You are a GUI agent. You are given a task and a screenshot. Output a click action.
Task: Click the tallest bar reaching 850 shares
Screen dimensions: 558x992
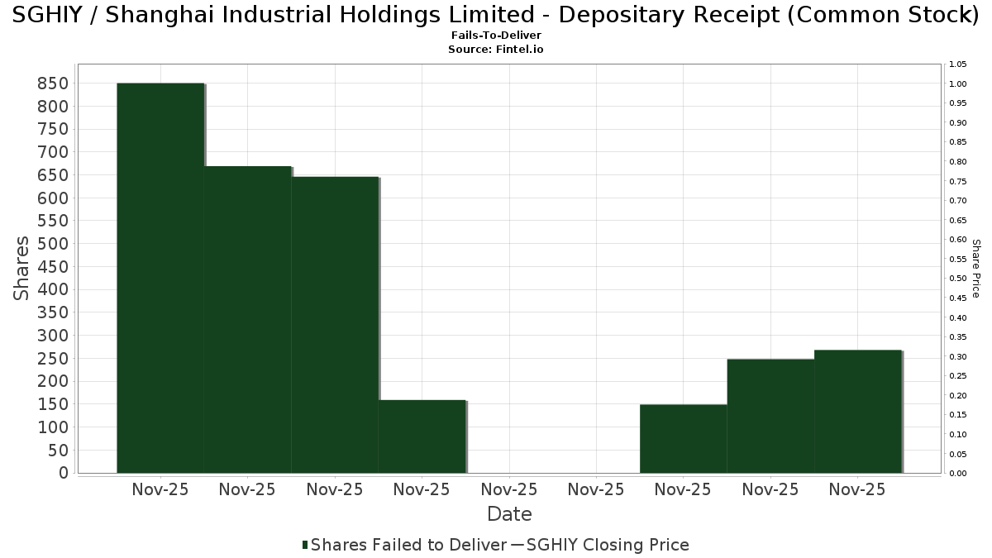[x=160, y=278]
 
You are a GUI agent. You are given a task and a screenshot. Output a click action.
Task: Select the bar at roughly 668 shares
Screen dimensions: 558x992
[x=247, y=319]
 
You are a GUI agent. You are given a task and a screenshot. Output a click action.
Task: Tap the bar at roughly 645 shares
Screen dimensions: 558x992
[x=335, y=325]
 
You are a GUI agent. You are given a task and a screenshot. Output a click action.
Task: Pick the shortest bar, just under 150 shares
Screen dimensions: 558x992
[x=684, y=438]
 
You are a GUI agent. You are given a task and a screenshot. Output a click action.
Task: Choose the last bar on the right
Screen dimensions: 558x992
[x=858, y=411]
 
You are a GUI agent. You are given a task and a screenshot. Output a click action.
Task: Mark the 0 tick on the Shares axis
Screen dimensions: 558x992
[x=63, y=473]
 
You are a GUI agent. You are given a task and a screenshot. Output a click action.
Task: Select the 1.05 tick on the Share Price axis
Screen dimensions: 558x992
[x=958, y=64]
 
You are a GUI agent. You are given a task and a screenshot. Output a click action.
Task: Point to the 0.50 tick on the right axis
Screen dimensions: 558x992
[x=958, y=279]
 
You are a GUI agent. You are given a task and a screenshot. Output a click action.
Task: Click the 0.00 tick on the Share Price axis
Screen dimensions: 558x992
[x=958, y=474]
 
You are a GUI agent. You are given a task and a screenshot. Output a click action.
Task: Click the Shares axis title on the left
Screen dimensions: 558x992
[x=22, y=269]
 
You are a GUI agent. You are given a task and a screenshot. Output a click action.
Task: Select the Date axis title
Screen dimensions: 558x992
[x=509, y=514]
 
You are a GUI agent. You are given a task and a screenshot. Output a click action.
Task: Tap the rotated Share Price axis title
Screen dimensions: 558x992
[x=975, y=269]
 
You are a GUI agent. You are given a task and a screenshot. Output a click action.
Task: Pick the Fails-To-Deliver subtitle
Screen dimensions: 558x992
[x=496, y=36]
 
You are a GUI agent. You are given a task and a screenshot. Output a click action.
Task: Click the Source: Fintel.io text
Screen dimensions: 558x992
[x=496, y=50]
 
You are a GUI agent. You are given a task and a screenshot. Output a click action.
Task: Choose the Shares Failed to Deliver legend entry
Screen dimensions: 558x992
[x=405, y=545]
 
